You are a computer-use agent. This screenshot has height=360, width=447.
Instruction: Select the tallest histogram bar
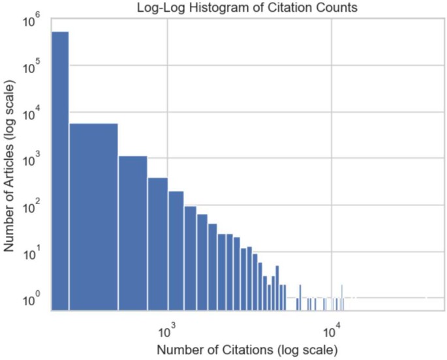(60, 170)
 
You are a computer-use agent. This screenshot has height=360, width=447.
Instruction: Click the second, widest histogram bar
(93, 215)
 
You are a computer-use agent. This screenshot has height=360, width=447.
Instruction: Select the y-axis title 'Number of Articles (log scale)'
(10, 166)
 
